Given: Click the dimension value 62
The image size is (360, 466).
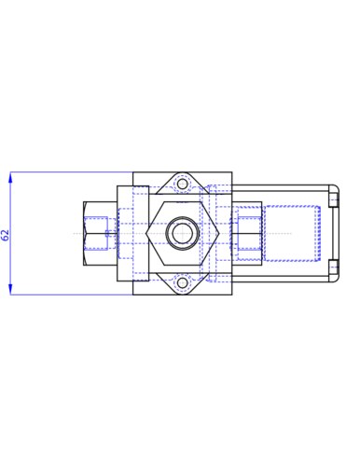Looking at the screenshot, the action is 6,235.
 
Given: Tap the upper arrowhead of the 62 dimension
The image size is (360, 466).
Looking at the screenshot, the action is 11,177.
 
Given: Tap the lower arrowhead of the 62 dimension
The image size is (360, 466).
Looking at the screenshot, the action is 11,289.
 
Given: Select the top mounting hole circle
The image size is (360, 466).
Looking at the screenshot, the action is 183,185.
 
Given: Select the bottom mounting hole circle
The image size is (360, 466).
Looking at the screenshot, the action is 183,282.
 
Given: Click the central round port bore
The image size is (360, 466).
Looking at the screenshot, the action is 181,233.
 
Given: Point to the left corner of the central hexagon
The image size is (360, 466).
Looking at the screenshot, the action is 146,233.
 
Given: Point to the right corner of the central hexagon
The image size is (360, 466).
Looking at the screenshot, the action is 219,233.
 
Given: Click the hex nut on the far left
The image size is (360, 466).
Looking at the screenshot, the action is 100,234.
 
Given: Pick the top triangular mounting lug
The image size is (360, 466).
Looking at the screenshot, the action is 183,184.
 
